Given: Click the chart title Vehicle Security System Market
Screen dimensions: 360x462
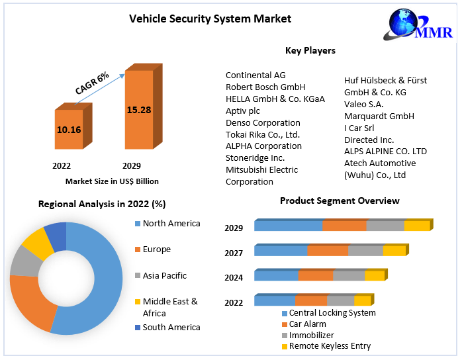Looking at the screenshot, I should pyautogui.click(x=210, y=19).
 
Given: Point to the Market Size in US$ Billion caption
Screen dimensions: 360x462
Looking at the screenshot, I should pyautogui.click(x=112, y=181).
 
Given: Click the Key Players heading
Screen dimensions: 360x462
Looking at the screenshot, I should pyautogui.click(x=310, y=50).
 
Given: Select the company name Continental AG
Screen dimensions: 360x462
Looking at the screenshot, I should pyautogui.click(x=255, y=75).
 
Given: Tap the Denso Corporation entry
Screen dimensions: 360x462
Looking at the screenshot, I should pyautogui.click(x=263, y=122).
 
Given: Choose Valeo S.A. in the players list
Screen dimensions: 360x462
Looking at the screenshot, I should pyautogui.click(x=363, y=104).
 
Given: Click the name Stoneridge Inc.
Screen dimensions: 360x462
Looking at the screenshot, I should pyautogui.click(x=255, y=158).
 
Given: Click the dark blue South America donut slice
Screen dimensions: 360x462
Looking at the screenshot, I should pyautogui.click(x=56, y=236).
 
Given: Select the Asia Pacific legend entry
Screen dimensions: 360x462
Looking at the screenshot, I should pyautogui.click(x=164, y=275).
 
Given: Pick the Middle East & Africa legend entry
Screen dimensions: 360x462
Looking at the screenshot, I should pyautogui.click(x=169, y=307).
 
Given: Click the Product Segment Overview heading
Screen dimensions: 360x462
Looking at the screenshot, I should pyautogui.click(x=340, y=201).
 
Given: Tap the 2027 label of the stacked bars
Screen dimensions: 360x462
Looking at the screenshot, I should pyautogui.click(x=234, y=253).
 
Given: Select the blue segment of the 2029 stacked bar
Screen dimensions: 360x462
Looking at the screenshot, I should pyautogui.click(x=289, y=226).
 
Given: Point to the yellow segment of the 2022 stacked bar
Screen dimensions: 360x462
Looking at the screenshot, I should pyautogui.click(x=362, y=300).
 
